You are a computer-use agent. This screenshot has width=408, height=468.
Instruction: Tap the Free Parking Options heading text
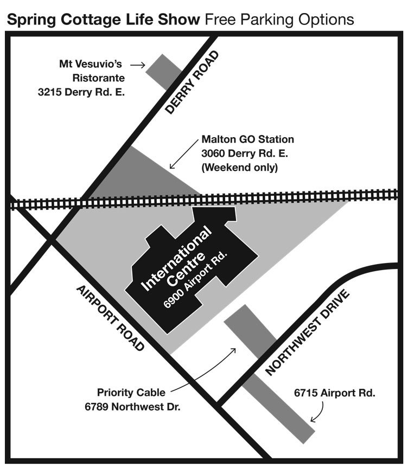coord(279,20)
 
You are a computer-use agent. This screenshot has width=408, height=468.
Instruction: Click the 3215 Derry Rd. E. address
coord(81,92)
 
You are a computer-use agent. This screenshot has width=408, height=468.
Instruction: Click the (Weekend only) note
coord(239,168)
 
